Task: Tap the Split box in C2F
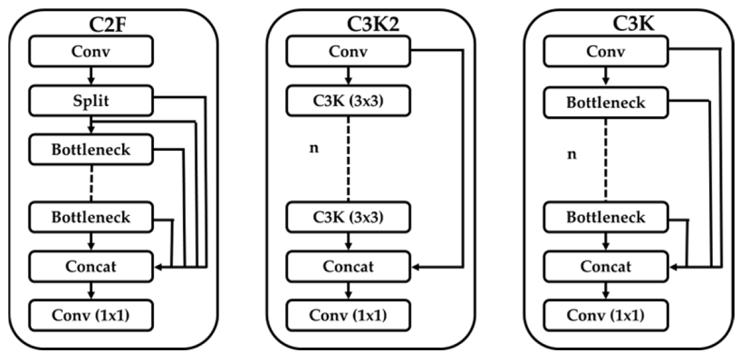click(x=91, y=101)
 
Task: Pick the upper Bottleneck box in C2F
click(x=91, y=150)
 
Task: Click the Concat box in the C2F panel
click(x=91, y=267)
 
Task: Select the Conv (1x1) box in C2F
click(x=91, y=315)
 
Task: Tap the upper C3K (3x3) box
click(x=348, y=101)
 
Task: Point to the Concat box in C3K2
click(x=348, y=267)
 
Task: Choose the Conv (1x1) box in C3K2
click(x=348, y=315)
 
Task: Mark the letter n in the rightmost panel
click(x=572, y=153)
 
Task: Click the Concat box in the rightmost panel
click(x=606, y=267)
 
